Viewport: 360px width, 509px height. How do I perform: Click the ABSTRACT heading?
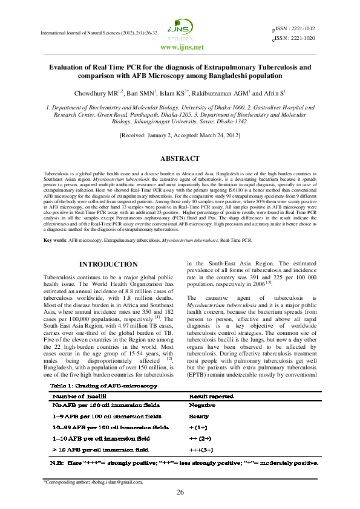[180, 158]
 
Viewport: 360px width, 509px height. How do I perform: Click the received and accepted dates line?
[180, 137]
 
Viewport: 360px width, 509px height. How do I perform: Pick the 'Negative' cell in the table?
[202, 405]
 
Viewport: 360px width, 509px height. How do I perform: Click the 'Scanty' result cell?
[199, 417]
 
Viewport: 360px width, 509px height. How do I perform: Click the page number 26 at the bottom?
[180, 493]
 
